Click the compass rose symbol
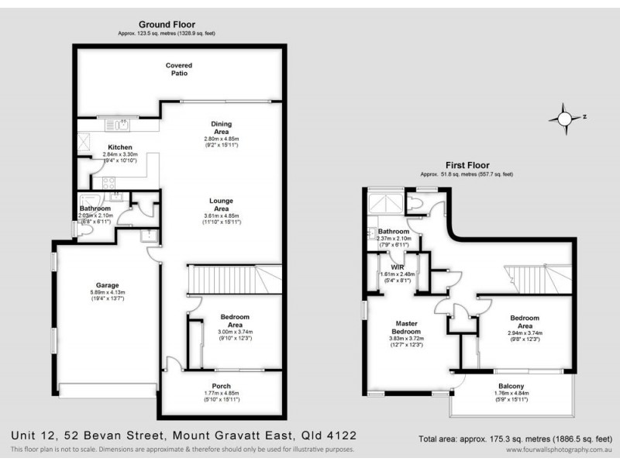click(563, 119)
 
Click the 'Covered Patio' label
click(179, 70)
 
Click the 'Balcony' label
click(511, 387)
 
